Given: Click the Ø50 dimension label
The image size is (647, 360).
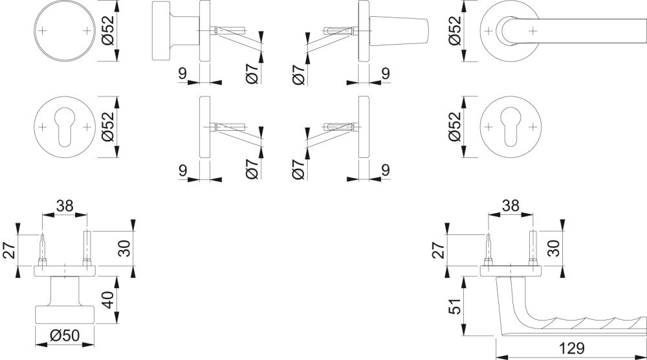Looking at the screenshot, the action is [65, 335].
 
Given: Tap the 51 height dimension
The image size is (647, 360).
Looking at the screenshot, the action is [455, 306].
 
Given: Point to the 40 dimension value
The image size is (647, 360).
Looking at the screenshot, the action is [107, 300].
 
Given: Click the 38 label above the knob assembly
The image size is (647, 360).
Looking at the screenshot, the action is [65, 206].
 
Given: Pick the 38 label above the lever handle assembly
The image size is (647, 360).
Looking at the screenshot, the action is [510, 206].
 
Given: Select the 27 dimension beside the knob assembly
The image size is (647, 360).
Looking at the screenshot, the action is [9, 250].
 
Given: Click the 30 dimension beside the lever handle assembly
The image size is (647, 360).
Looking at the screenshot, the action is [554, 248].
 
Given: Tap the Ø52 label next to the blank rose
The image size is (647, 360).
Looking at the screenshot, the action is [107, 31].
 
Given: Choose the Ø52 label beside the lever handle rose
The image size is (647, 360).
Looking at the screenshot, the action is [455, 31].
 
